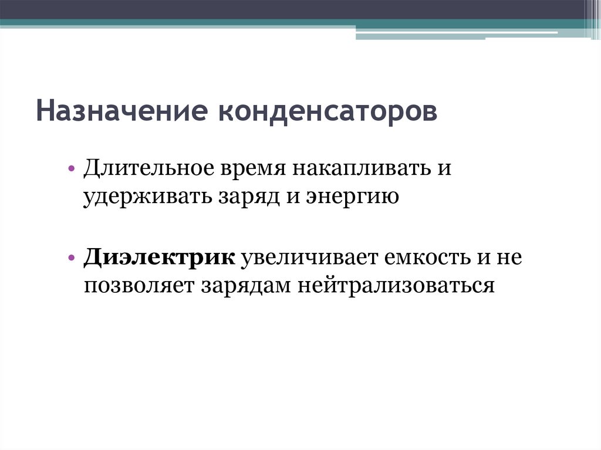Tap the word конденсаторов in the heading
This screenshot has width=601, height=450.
tap(328, 111)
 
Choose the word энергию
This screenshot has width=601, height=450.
tap(353, 196)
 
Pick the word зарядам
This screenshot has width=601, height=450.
tap(248, 285)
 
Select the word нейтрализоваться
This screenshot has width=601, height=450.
tap(394, 285)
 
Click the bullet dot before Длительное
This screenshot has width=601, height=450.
tap(71, 169)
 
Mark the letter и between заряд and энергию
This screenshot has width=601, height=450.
tap(285, 196)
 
